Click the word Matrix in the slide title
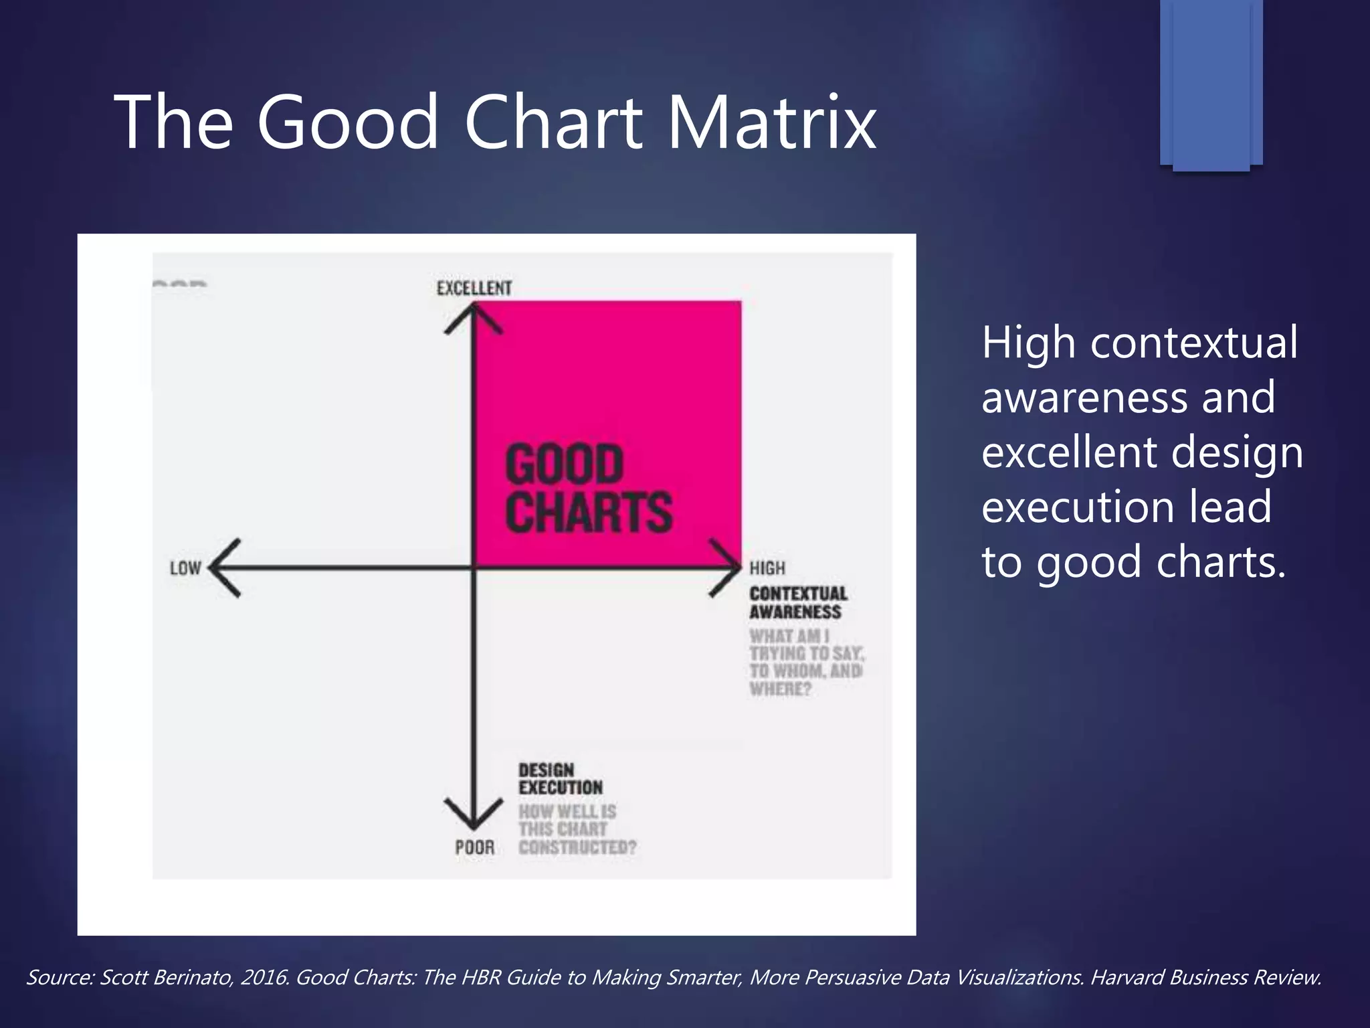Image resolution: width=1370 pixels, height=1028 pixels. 772,122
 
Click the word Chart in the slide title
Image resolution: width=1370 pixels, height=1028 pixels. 553,122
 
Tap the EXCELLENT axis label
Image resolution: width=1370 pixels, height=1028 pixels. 474,288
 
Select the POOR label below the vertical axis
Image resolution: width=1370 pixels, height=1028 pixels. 474,848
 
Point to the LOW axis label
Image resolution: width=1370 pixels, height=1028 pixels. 185,568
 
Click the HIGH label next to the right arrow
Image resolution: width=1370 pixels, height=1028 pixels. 767,568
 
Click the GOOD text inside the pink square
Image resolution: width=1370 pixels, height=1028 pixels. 564,464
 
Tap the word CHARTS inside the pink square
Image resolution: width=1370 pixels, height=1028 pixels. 588,512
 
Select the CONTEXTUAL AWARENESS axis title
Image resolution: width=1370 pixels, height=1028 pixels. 797,602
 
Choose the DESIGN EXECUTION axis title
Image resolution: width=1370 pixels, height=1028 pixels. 560,779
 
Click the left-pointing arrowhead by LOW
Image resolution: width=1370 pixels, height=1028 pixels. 224,568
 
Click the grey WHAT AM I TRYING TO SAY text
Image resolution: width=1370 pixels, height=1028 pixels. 805,662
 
